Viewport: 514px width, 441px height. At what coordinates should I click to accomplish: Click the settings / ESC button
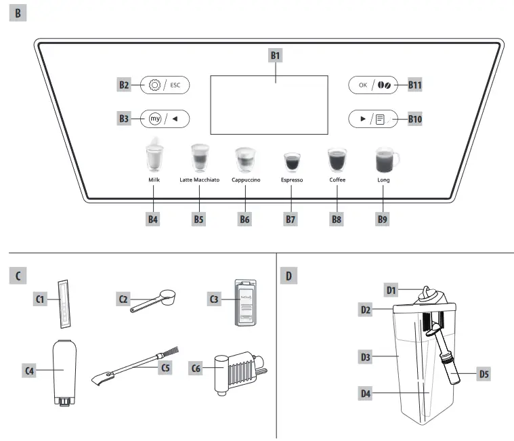click(165, 85)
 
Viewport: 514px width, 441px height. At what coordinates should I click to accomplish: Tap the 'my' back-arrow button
click(165, 119)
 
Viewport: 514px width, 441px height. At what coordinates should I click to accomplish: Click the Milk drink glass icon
click(154, 157)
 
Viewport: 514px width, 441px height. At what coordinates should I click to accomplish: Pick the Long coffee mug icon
click(385, 161)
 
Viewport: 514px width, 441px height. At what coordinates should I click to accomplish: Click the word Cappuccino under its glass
click(246, 180)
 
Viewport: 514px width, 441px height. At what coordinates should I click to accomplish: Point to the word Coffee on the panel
click(337, 180)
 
